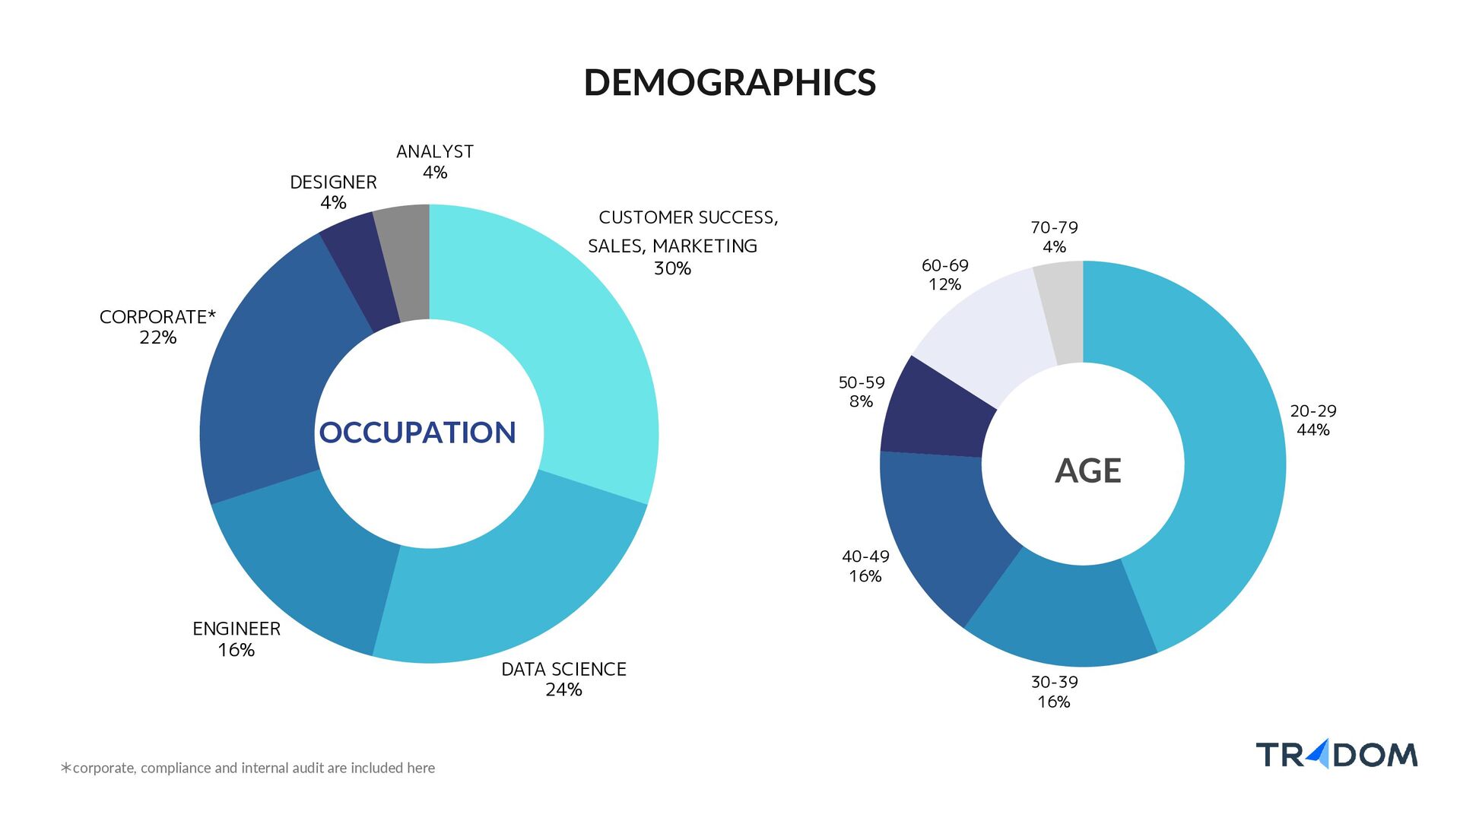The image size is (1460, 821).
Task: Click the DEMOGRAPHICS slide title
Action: (730, 82)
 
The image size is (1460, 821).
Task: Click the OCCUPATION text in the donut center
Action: (417, 433)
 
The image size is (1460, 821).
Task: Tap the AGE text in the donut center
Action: (1088, 471)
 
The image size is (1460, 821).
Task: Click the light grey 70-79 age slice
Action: (1061, 312)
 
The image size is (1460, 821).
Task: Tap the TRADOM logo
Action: (1337, 754)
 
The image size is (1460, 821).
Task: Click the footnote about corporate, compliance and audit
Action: (248, 768)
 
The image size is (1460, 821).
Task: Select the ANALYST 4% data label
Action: (435, 162)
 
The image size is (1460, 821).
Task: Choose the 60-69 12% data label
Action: (945, 274)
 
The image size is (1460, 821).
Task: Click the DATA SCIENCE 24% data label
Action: (563, 679)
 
